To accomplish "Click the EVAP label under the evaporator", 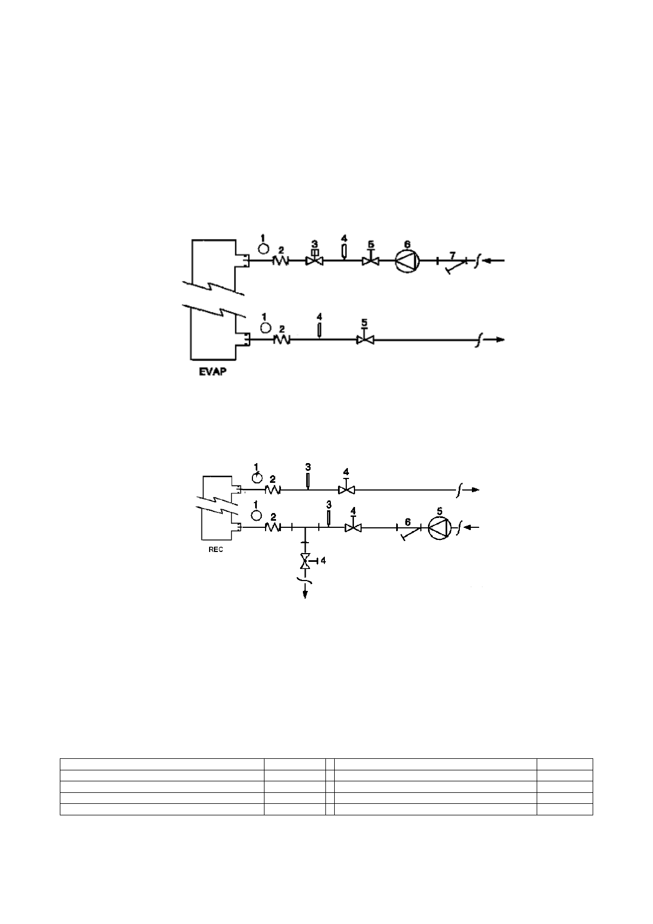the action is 213,371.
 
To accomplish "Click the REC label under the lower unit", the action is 216,549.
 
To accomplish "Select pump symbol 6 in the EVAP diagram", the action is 407,261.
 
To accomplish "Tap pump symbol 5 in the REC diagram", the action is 440,528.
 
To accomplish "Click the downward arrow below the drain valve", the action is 305,593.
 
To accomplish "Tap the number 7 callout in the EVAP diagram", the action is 453,256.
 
